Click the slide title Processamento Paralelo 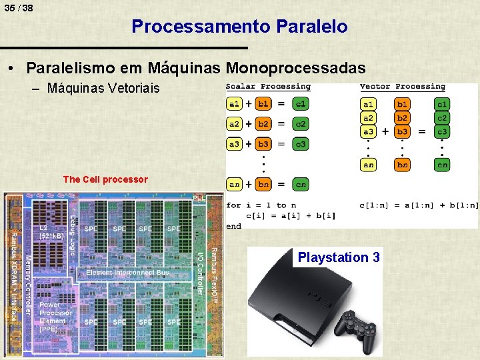point(239,27)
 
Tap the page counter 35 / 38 point(18,8)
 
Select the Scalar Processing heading point(268,87)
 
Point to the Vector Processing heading point(402,87)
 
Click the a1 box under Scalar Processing point(235,104)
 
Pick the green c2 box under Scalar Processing point(301,124)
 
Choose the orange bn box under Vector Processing point(402,165)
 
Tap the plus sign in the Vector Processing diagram point(385,132)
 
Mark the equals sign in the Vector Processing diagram point(421,132)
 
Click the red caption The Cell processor point(105,179)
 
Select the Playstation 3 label point(339,257)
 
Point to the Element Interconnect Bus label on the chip point(127,273)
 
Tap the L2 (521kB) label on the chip point(51,232)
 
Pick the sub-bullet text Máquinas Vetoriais point(103,88)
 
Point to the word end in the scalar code point(233,226)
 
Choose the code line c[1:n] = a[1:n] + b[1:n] point(419,205)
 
